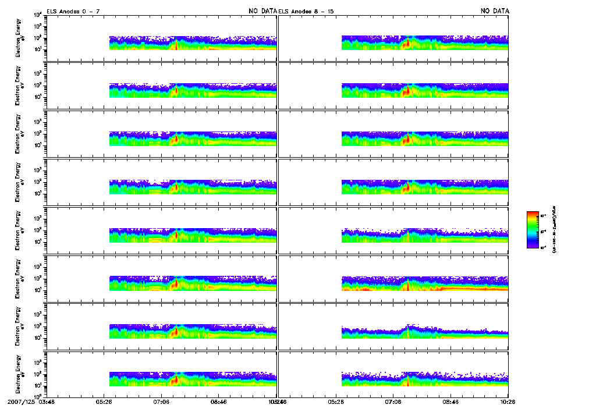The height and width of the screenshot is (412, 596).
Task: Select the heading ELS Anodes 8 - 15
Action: [x=307, y=11]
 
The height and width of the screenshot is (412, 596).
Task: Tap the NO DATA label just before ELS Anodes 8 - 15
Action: [x=261, y=11]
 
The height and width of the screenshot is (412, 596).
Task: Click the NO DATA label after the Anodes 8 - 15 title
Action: [x=495, y=11]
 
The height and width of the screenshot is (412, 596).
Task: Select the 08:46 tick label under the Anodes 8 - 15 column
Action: [x=450, y=402]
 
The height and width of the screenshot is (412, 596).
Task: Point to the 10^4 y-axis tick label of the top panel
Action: [x=37, y=15]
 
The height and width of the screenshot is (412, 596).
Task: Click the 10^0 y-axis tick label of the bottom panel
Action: [x=37, y=397]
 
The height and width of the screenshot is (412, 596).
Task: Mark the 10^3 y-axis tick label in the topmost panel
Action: [x=37, y=26]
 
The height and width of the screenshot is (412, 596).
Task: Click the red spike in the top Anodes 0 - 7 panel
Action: [x=176, y=44]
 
